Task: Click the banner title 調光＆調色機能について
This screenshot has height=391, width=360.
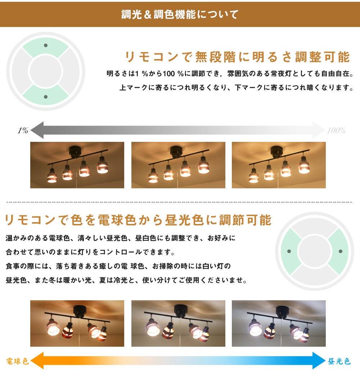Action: (x=180, y=14)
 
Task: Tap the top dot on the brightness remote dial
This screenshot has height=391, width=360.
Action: (x=46, y=45)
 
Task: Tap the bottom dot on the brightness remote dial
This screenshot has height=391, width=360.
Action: (x=46, y=97)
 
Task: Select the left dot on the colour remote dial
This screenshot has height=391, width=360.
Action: (x=289, y=251)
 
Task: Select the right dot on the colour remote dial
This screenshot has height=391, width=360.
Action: (x=341, y=251)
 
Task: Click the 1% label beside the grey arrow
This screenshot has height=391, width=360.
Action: (x=23, y=130)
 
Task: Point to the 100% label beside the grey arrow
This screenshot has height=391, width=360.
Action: (x=336, y=130)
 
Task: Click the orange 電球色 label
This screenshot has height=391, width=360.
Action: (x=17, y=361)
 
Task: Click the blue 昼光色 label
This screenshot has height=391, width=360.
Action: (x=339, y=361)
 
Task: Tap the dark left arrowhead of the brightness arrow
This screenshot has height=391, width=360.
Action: (x=37, y=130)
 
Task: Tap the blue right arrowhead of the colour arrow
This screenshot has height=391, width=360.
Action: (x=319, y=361)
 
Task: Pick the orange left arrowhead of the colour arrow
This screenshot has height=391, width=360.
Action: (x=37, y=361)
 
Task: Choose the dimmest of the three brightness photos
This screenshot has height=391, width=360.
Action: (x=77, y=165)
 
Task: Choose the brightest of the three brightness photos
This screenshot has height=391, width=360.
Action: (x=279, y=165)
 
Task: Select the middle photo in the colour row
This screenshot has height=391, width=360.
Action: (x=178, y=323)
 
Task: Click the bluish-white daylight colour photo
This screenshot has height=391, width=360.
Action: (x=279, y=323)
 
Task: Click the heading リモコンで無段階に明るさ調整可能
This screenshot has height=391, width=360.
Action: (x=237, y=57)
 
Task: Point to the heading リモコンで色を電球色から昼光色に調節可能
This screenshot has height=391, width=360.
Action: (x=138, y=220)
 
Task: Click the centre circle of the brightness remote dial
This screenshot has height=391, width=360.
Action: (x=46, y=71)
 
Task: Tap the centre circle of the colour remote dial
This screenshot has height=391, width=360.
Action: (x=315, y=251)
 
